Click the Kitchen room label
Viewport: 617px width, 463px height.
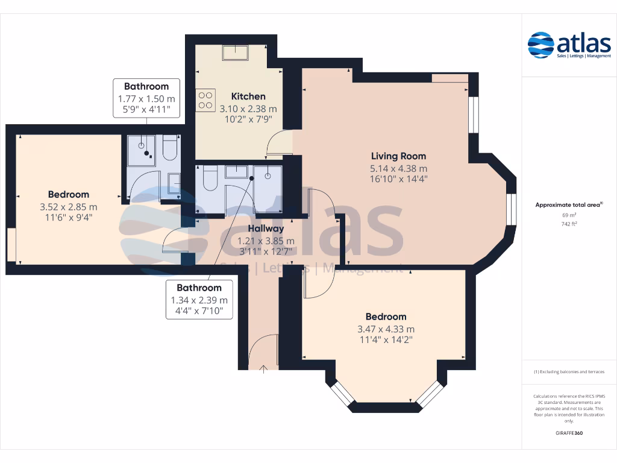pyautogui.click(x=248, y=96)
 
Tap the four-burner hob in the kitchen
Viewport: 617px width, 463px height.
pyautogui.click(x=205, y=100)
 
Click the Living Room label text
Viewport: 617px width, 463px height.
pyautogui.click(x=398, y=156)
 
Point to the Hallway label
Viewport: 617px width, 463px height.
pyautogui.click(x=266, y=228)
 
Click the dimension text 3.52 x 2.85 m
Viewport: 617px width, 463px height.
pyautogui.click(x=69, y=207)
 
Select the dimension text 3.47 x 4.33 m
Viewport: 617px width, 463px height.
pyautogui.click(x=386, y=329)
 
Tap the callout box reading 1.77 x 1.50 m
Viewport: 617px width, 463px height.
pyautogui.click(x=146, y=98)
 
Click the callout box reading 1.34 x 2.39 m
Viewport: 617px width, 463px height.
pyautogui.click(x=199, y=300)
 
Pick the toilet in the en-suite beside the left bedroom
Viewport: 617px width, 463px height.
pyautogui.click(x=170, y=148)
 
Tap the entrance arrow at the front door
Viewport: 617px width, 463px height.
pyautogui.click(x=264, y=368)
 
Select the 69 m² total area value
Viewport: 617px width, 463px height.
pyautogui.click(x=569, y=215)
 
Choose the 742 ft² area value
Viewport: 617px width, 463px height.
pyautogui.click(x=569, y=224)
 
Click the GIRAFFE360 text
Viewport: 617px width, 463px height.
pyautogui.click(x=569, y=433)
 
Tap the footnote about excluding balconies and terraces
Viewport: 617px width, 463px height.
pyautogui.click(x=569, y=372)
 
